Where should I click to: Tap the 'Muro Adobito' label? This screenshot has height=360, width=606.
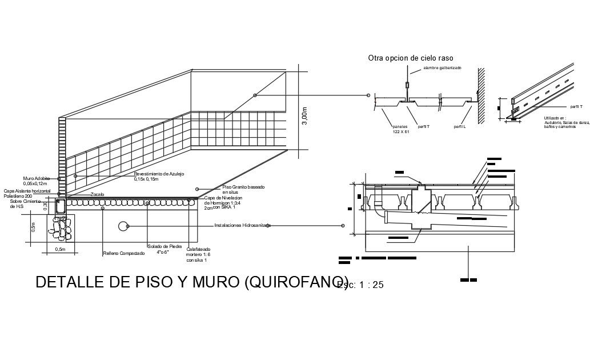[x=35, y=178]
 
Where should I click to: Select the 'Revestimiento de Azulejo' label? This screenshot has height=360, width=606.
[x=159, y=174]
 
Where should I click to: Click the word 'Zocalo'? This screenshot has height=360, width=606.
[x=98, y=195]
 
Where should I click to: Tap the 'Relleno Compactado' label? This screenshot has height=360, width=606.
[x=123, y=253]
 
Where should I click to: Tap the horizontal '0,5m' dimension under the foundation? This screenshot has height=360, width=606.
[x=59, y=250]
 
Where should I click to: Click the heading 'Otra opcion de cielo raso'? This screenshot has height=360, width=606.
[x=403, y=58]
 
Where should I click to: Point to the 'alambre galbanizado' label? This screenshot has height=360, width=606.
[x=442, y=68]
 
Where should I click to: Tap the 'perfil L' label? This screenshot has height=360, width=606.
[x=460, y=126]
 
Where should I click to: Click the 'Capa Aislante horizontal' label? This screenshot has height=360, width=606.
[x=27, y=190]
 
